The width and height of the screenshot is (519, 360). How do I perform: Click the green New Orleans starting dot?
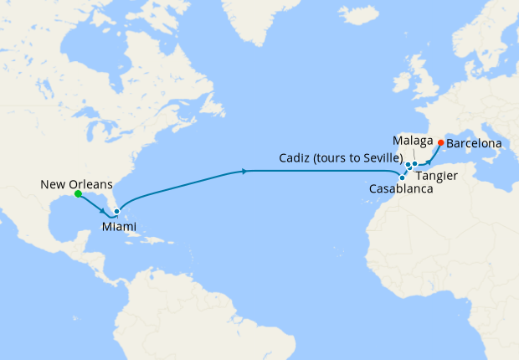(77, 194)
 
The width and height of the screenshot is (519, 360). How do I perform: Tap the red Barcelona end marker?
(441, 142)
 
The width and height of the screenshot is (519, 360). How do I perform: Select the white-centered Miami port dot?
(117, 212)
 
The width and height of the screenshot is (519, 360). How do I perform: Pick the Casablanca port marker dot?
(403, 177)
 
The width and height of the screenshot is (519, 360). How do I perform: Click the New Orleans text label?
(76, 183)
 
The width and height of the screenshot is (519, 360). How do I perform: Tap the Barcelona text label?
(474, 144)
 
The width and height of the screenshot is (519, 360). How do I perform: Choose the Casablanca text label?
(401, 191)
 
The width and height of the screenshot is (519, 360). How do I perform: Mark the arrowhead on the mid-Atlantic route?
(244, 171)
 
